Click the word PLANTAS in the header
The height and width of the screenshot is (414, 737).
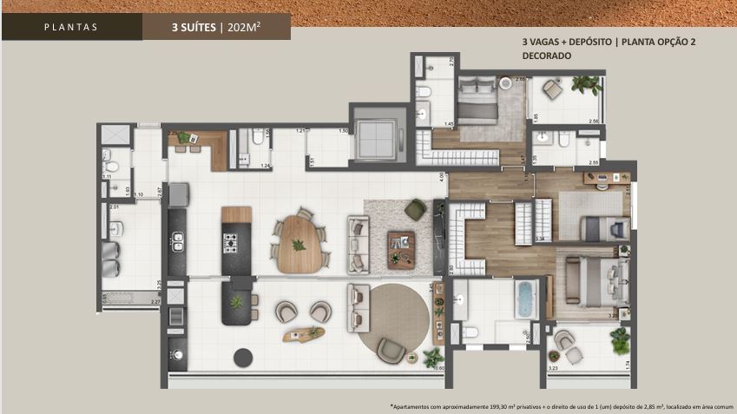[71, 27]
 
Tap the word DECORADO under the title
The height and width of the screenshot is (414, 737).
[546, 56]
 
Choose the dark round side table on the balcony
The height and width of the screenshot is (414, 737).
[246, 356]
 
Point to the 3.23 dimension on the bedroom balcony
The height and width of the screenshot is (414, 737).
[553, 368]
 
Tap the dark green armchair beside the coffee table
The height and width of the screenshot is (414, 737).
[416, 209]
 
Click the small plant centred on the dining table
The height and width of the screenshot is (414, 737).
[299, 245]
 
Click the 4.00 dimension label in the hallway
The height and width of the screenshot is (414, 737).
[442, 176]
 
